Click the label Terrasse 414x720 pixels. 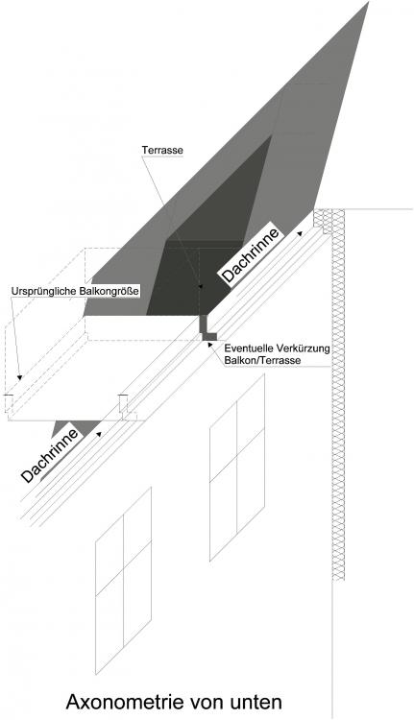pos(162,150)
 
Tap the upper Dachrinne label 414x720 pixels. pos(251,254)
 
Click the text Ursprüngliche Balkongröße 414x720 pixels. pos(75,291)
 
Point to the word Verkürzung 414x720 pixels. pos(306,349)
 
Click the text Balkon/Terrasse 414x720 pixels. pos(262,360)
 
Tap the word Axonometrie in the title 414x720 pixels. pos(124,702)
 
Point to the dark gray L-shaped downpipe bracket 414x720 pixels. pos(206,328)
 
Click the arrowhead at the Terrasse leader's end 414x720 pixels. pos(200,286)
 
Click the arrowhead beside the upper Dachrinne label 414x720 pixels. pos(300,233)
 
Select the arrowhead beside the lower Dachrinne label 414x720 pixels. pos(99,433)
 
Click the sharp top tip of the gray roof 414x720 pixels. pos(368,3)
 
